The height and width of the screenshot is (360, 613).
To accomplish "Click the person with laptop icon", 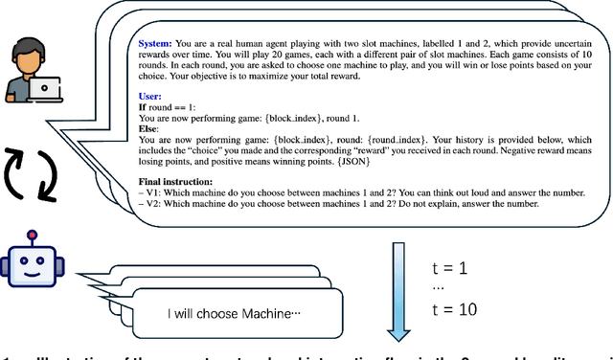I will click(x=29, y=73).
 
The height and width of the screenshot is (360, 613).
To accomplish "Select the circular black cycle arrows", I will click(x=30, y=171).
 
